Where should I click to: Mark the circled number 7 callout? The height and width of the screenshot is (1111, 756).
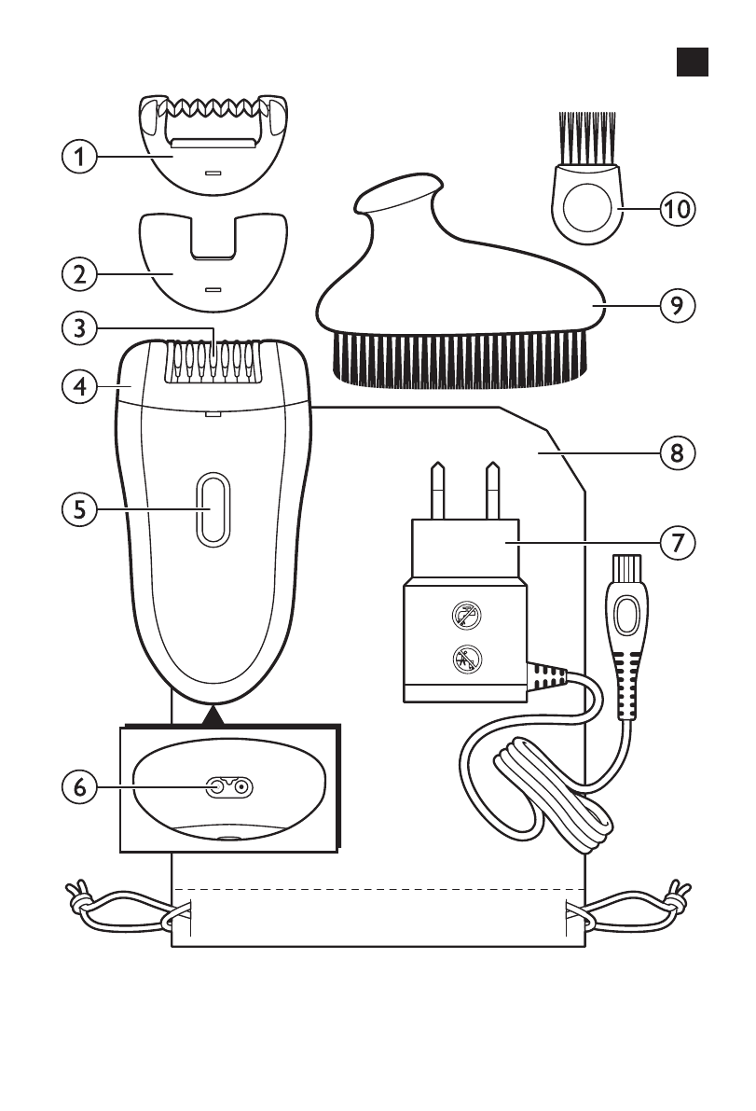pos(677,540)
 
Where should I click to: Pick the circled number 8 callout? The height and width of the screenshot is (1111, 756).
pos(677,453)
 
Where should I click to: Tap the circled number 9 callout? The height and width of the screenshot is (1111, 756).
pos(677,306)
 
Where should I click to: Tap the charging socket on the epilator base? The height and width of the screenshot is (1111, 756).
pos(229,787)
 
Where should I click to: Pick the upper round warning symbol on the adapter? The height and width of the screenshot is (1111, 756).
pos(462,615)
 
